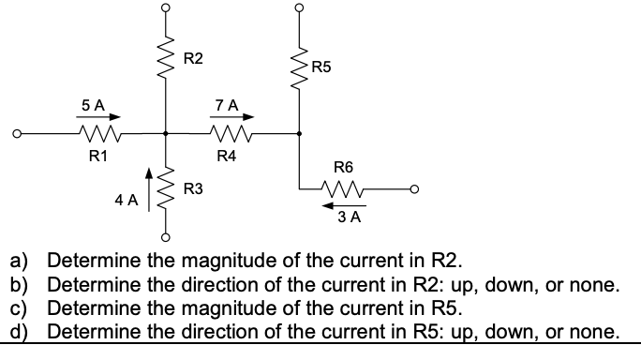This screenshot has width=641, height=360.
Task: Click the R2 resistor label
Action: [x=193, y=60]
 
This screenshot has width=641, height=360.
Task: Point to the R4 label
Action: [x=226, y=155]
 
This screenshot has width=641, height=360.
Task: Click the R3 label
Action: [x=193, y=190]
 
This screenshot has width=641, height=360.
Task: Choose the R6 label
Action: [x=345, y=169]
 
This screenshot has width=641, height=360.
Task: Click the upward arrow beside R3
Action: [x=147, y=183]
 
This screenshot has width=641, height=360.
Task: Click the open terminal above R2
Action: [x=167, y=7]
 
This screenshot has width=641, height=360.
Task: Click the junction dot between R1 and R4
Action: [x=167, y=133]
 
